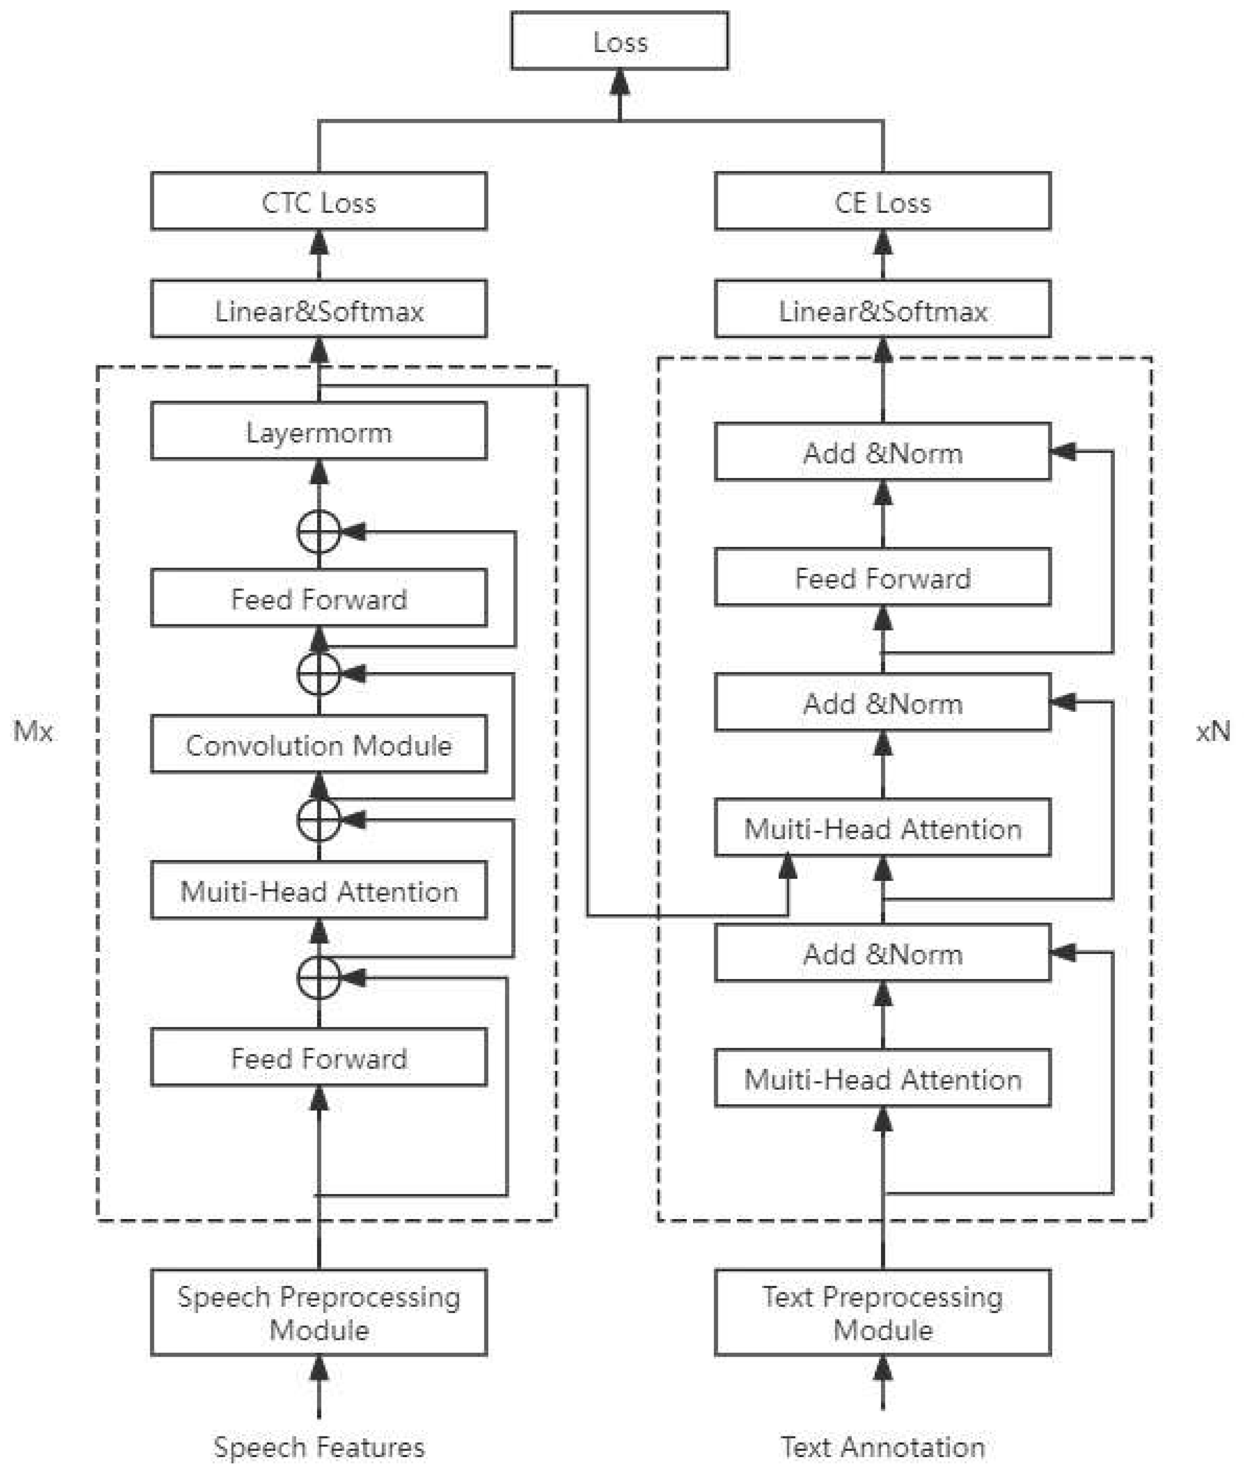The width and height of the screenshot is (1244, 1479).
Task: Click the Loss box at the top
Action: tap(619, 41)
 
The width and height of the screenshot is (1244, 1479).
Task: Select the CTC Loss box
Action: tap(319, 202)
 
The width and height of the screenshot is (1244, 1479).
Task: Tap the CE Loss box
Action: tap(882, 202)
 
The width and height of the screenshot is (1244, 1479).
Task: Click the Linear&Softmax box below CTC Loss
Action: tap(319, 310)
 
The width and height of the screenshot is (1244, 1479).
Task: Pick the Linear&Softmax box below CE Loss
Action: tap(882, 310)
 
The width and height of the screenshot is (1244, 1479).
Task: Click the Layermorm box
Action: tap(319, 432)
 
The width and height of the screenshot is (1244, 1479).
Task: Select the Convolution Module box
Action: tap(319, 744)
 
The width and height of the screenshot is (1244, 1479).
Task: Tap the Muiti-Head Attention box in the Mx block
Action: tap(319, 891)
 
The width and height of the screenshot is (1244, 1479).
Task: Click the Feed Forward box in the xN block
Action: tap(882, 577)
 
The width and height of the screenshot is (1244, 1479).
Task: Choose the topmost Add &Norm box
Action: tap(882, 452)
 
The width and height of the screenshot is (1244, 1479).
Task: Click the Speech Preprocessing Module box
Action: tap(319, 1313)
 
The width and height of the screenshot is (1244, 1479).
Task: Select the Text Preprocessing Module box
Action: tap(882, 1313)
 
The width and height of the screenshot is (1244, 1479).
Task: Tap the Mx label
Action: tap(33, 731)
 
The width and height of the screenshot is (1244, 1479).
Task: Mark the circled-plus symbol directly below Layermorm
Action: tap(319, 532)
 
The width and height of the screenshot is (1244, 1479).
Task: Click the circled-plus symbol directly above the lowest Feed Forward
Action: tap(319, 978)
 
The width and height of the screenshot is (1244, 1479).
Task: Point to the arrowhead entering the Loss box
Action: tap(619, 83)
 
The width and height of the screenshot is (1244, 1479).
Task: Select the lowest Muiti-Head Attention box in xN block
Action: tap(882, 1079)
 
